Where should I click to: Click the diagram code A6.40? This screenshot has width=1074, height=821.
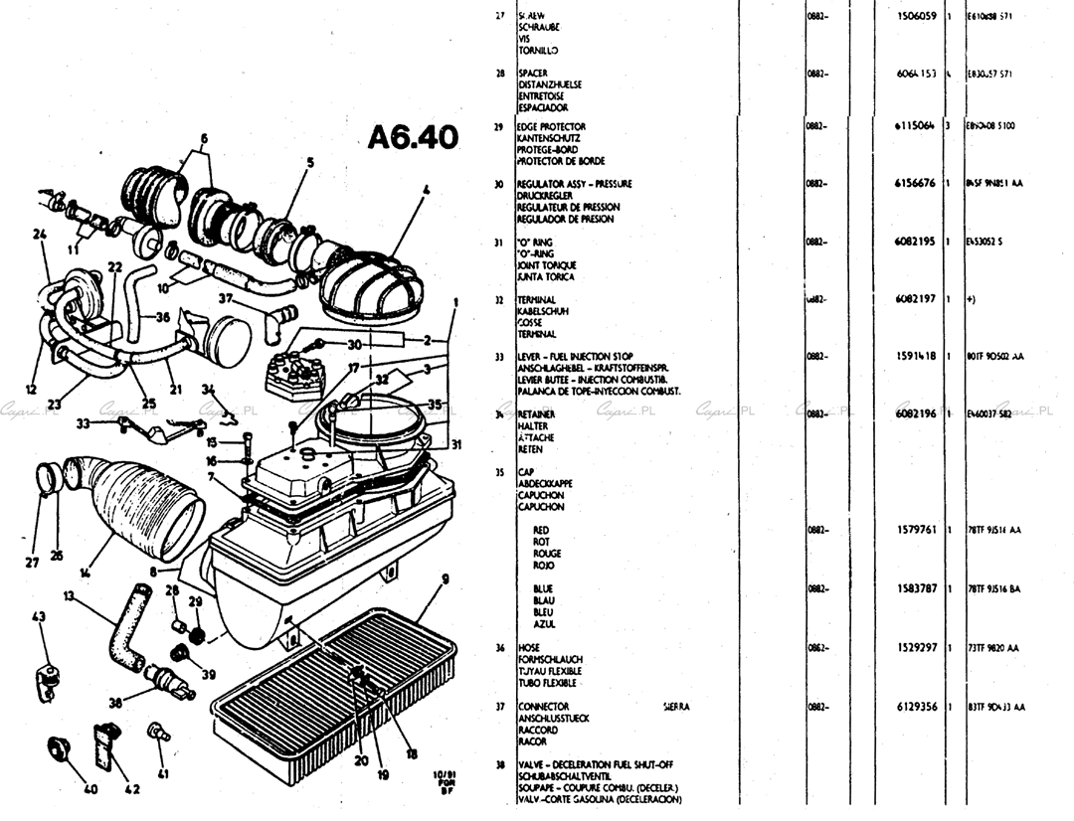(413, 137)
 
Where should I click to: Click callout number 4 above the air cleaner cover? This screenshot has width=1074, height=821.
(426, 189)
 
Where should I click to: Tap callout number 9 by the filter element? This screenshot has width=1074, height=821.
(446, 577)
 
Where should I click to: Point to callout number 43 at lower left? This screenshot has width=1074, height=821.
(38, 617)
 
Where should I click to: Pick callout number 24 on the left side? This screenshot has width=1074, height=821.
(40, 236)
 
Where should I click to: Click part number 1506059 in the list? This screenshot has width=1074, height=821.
(917, 16)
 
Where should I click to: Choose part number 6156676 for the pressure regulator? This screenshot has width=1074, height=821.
(917, 184)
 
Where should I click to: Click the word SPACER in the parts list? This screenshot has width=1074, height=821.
(533, 74)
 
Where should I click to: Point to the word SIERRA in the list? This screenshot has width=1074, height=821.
(676, 707)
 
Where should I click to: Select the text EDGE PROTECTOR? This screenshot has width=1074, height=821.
(552, 126)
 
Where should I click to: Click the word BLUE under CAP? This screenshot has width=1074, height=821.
(543, 589)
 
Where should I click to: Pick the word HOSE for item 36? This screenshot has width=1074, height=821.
(529, 648)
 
